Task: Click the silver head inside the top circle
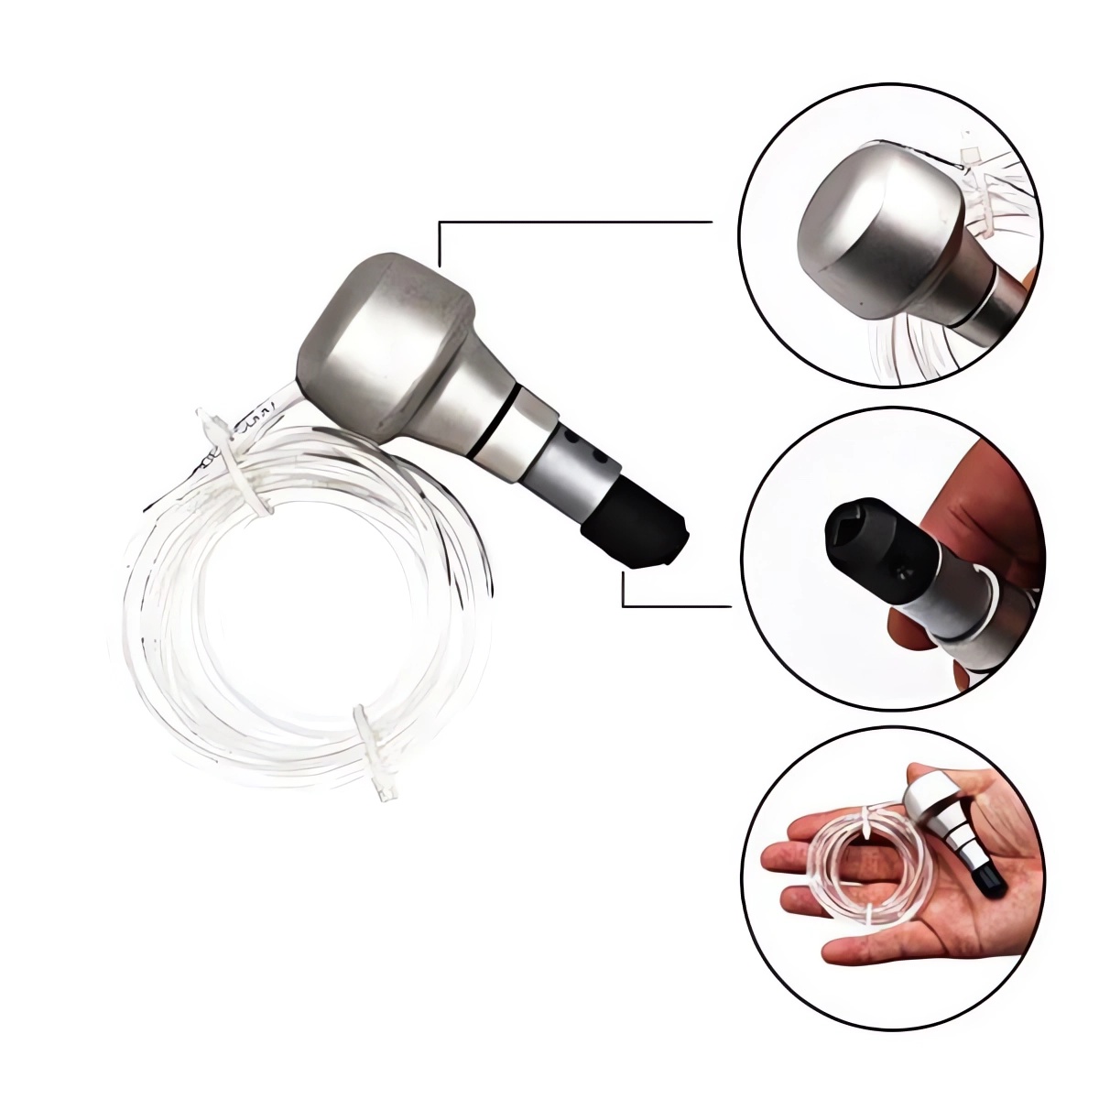870,229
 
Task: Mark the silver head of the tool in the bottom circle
930,792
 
